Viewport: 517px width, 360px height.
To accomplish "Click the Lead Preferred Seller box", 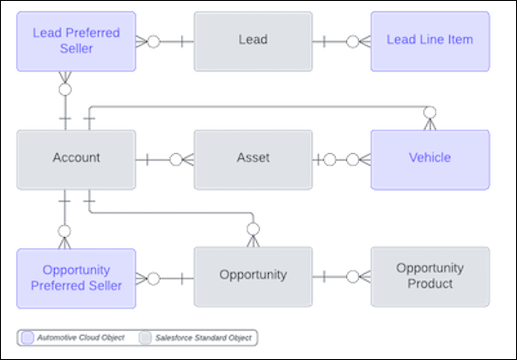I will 76,40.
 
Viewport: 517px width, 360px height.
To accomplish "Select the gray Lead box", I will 252,40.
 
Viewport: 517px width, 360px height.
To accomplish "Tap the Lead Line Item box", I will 429,40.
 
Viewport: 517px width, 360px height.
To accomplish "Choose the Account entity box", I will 76,158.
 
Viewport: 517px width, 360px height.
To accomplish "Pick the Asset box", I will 252,158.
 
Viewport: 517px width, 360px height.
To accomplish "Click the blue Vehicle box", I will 429,158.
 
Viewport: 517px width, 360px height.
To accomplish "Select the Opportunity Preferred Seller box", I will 76,277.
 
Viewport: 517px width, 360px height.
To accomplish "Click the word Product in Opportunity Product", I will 429,284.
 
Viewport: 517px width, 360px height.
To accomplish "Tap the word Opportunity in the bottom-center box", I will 252,275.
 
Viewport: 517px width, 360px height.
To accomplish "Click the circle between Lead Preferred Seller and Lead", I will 153,40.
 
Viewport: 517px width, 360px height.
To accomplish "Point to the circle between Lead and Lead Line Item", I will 351,40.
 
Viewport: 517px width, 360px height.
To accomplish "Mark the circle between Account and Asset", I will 175,158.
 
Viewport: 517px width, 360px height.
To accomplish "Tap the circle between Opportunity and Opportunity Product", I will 351,277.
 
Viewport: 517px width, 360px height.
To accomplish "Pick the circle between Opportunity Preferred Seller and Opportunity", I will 153,277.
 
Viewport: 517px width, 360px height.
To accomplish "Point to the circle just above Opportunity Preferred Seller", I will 64,230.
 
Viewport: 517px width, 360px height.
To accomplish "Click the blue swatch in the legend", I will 28,338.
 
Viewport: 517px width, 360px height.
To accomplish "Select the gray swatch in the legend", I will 146,338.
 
